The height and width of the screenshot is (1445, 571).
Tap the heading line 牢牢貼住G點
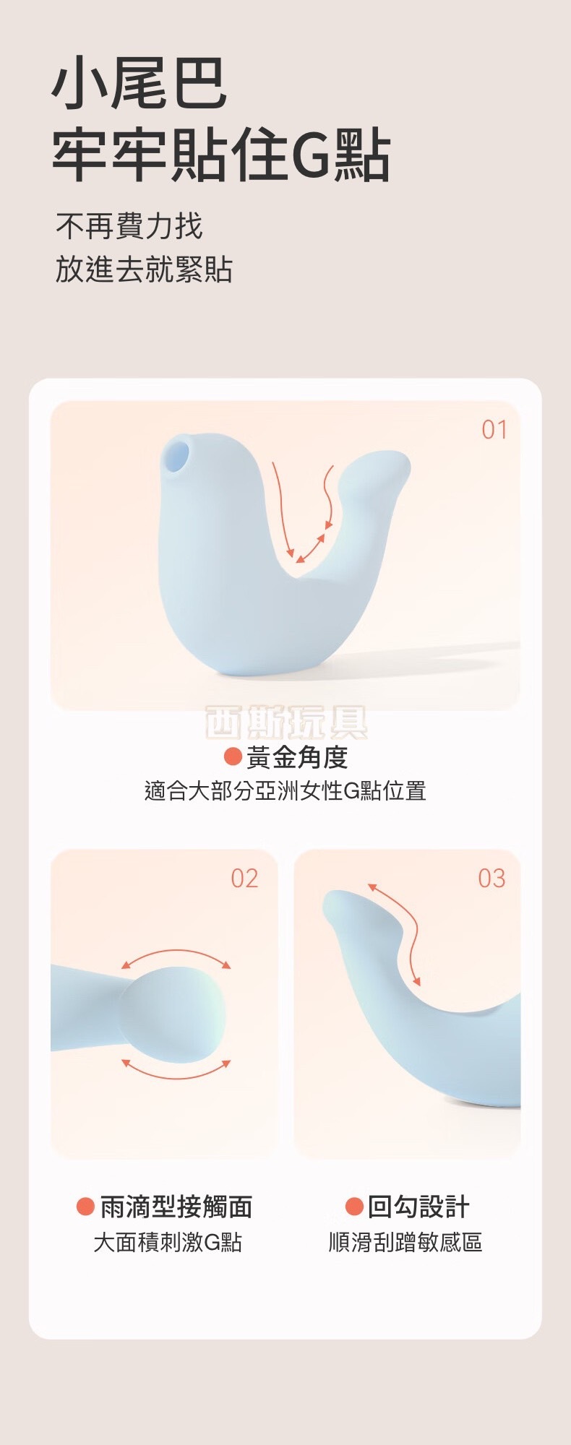click(x=221, y=155)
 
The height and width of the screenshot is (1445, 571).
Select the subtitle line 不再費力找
click(x=129, y=226)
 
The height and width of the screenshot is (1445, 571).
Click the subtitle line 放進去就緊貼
click(x=144, y=269)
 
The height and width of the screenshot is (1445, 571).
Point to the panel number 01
click(x=494, y=430)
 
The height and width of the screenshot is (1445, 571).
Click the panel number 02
click(x=244, y=879)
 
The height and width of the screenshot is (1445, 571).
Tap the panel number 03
click(x=491, y=879)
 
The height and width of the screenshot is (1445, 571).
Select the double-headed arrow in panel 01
click(x=311, y=548)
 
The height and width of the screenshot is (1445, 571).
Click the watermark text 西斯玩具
click(x=286, y=722)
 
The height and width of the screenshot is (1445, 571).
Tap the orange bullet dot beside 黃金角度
click(x=233, y=756)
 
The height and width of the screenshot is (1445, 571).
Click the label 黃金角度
click(x=297, y=757)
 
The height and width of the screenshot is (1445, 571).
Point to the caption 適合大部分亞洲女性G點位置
click(x=285, y=790)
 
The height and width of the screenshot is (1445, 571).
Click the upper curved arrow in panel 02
click(x=176, y=955)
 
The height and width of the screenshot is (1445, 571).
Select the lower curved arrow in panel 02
click(x=176, y=1071)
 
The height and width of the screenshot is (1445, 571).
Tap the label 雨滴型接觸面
click(x=176, y=1207)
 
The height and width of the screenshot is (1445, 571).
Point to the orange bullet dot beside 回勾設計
click(x=354, y=1207)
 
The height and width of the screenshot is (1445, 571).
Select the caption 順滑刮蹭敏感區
click(x=405, y=1242)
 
